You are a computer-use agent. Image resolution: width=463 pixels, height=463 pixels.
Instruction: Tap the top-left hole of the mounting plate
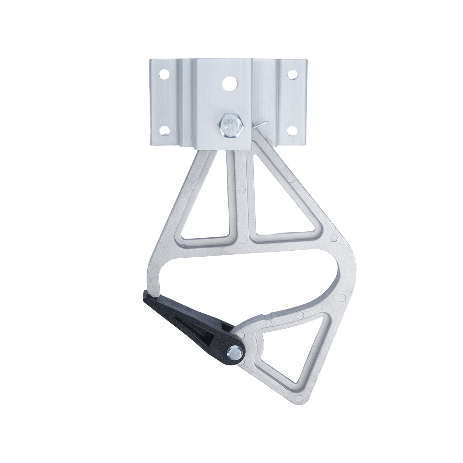click(x=164, y=74)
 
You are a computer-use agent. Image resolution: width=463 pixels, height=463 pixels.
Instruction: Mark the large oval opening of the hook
click(x=247, y=278)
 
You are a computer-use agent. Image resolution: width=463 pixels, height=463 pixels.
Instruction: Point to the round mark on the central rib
click(x=241, y=188)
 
